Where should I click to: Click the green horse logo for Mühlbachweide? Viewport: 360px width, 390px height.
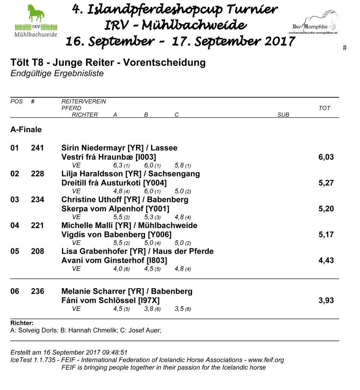pyautogui.click(x=36, y=21)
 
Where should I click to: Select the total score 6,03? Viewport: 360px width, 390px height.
pyautogui.click(x=326, y=157)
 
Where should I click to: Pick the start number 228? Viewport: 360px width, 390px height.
pyautogui.click(x=37, y=174)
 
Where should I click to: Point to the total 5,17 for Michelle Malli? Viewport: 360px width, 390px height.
pyautogui.click(x=326, y=234)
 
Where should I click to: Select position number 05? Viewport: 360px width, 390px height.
pyautogui.click(x=14, y=251)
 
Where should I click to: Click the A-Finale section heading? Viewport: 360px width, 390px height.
pyautogui.click(x=26, y=129)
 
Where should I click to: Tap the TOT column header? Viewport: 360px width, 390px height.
pyautogui.click(x=324, y=108)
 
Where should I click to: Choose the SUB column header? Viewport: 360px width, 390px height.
pyautogui.click(x=283, y=115)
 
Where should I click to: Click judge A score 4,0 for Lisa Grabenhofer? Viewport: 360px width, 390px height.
pyautogui.click(x=118, y=269)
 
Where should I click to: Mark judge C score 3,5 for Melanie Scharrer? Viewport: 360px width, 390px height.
pyautogui.click(x=179, y=309)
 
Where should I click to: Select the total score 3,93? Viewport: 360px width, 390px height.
pyautogui.click(x=326, y=301)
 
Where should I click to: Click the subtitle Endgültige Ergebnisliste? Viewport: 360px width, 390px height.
pyautogui.click(x=57, y=73)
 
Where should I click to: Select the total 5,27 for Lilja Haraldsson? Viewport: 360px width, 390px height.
pyautogui.click(x=326, y=183)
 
